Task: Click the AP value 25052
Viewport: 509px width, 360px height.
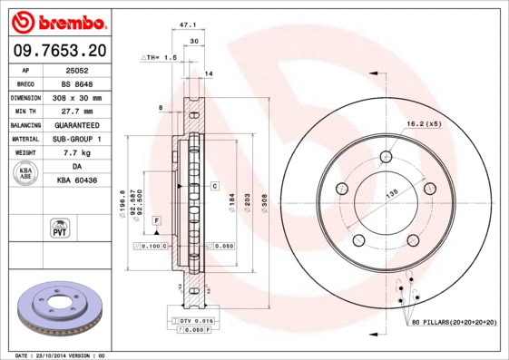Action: point(77,69)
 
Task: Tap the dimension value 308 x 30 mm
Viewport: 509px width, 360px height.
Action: point(77,97)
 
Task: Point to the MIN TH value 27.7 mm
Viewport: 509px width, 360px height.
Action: point(77,111)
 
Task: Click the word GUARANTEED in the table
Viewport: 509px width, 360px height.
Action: point(77,125)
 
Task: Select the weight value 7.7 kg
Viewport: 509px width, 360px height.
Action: point(77,153)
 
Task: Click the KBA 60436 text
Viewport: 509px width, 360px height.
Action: point(77,181)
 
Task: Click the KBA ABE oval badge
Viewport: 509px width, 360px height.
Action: point(26,175)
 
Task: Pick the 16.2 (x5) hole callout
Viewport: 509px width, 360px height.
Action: point(424,123)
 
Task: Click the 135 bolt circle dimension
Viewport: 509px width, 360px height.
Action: point(393,192)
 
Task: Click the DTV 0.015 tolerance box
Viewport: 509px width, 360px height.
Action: point(193,321)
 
